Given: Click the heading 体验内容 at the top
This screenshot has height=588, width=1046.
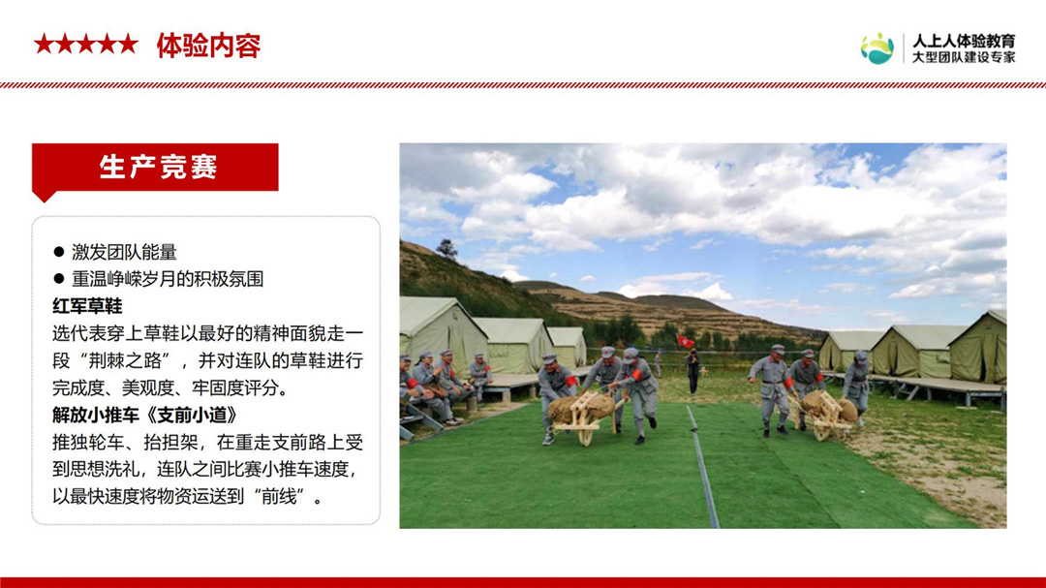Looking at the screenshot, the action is (x=208, y=46).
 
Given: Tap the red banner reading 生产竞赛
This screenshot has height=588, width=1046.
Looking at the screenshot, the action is (x=155, y=168).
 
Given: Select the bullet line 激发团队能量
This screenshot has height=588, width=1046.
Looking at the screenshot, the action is (x=124, y=252).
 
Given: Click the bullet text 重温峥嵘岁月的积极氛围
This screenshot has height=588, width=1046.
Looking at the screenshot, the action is (x=168, y=279).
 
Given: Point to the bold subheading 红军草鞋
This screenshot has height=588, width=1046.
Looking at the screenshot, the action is (x=87, y=306).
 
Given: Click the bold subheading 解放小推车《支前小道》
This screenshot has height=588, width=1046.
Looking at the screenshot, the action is (x=144, y=416).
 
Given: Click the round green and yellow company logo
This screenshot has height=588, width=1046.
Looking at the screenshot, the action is (x=877, y=48).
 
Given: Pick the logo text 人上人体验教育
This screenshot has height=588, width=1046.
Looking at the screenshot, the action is (x=964, y=41).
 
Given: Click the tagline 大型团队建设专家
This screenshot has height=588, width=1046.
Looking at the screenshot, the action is (x=964, y=57).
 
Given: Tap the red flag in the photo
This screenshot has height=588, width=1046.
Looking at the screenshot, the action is (x=685, y=341).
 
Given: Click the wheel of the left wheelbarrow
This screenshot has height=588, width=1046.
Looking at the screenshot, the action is (x=585, y=436).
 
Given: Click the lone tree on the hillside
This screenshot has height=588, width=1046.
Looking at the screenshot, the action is (x=446, y=249).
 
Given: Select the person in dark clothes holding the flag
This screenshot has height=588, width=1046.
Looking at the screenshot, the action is (x=693, y=370).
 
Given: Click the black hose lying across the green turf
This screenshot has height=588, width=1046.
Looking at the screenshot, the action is (x=702, y=466).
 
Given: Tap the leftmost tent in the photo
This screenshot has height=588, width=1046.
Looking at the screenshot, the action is (x=441, y=333).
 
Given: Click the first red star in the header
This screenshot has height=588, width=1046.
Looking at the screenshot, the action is (x=44, y=45).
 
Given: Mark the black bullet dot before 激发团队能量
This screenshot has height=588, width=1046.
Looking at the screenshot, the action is (x=59, y=252).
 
